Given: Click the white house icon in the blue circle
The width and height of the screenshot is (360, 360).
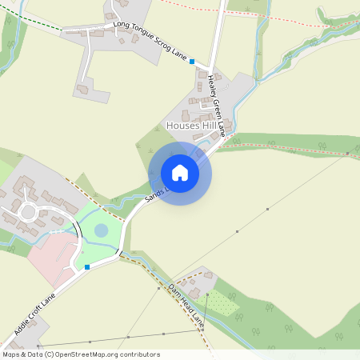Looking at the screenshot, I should [180, 173].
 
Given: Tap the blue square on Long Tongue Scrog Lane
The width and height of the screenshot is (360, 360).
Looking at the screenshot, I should [192, 61].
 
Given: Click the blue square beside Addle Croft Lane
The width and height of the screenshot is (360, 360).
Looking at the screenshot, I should [87, 267].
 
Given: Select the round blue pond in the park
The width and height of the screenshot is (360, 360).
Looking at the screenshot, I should [102, 230].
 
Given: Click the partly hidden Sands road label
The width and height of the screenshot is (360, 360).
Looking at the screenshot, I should [154, 193].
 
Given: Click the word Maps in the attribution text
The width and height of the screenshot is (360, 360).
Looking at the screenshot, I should [11, 354].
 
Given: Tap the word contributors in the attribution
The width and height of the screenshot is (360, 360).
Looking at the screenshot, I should [140, 354].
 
